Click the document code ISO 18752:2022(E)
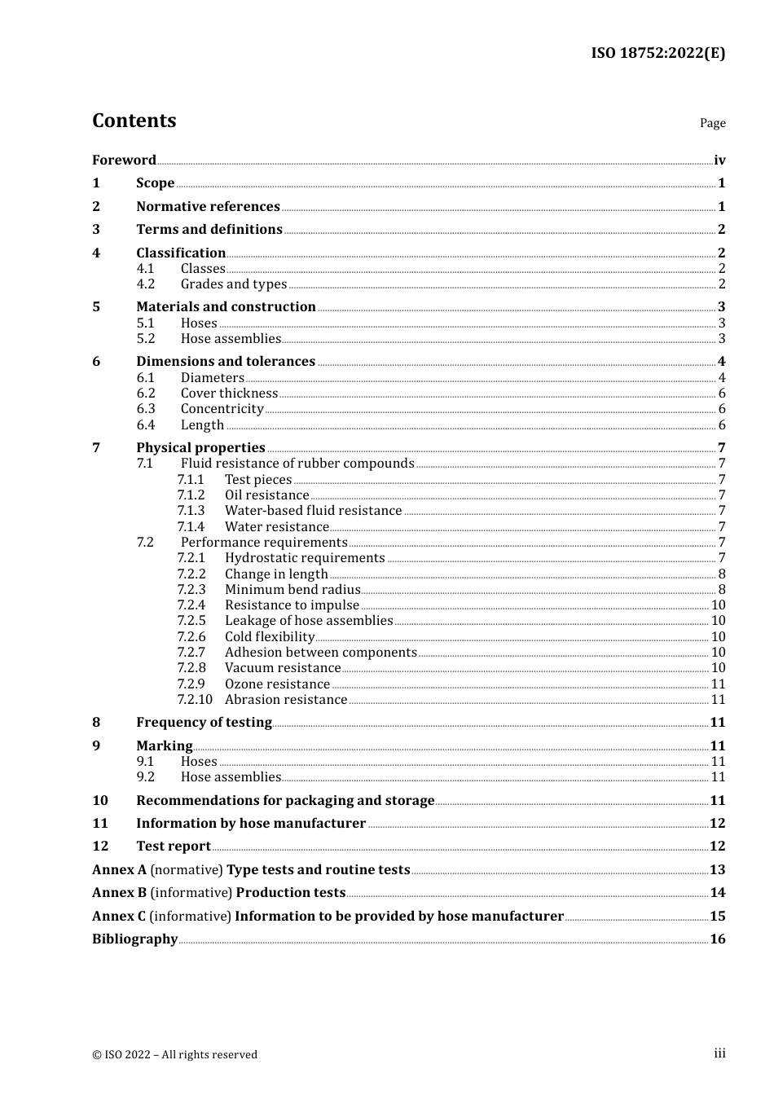pos(657,53)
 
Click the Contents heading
pos(134,121)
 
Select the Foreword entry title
pos(124,160)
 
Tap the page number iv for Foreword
pos(719,160)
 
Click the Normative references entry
pos(208,206)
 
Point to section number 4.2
pos(145,284)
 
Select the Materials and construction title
pos(226,306)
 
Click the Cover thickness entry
pos(229,393)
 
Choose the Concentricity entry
pos(222,408)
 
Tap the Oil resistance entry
pos(266,495)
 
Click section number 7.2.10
pos(194,699)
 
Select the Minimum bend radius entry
pos(292,589)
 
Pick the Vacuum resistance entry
pos(282,667)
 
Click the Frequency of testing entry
pos(204,722)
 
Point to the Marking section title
pos(164,745)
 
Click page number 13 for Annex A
pos(717,869)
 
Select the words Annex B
pos(119,892)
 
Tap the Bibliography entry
pos(134,939)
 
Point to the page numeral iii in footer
pos(719,1053)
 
